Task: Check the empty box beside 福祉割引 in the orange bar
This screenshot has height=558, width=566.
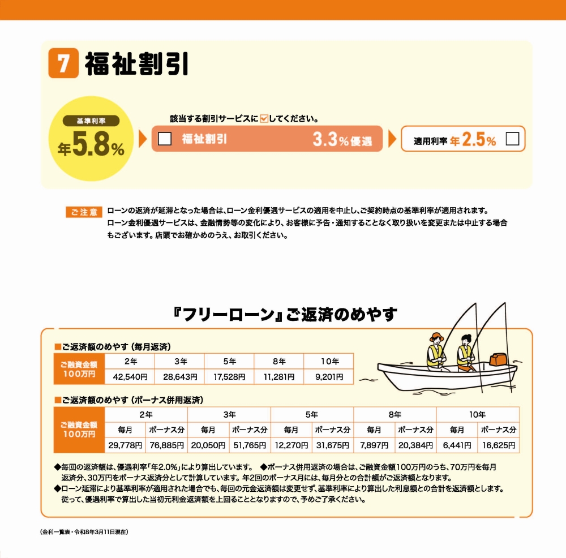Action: pos(165,139)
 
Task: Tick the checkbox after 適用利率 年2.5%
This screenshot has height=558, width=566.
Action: pos(512,139)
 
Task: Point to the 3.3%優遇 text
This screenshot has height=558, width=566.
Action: pos(342,140)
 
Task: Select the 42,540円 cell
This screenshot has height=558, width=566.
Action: pos(130,376)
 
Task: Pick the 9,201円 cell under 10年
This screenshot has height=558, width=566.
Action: pos(328,376)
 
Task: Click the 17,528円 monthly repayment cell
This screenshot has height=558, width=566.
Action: pos(229,376)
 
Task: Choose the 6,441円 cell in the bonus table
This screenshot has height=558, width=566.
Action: pos(457,445)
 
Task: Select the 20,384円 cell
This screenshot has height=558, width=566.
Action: pos(415,445)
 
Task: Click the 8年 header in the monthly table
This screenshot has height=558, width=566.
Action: pos(279,361)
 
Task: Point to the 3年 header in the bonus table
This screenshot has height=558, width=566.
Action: pos(229,414)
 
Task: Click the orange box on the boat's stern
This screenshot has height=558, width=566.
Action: pos(499,359)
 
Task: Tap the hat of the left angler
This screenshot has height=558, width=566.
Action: pos(436,336)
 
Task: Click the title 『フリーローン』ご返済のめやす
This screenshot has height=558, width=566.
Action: pos(285,315)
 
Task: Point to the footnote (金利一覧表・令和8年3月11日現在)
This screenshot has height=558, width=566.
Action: pos(85,533)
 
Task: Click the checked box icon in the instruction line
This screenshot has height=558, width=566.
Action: pos(264,119)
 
